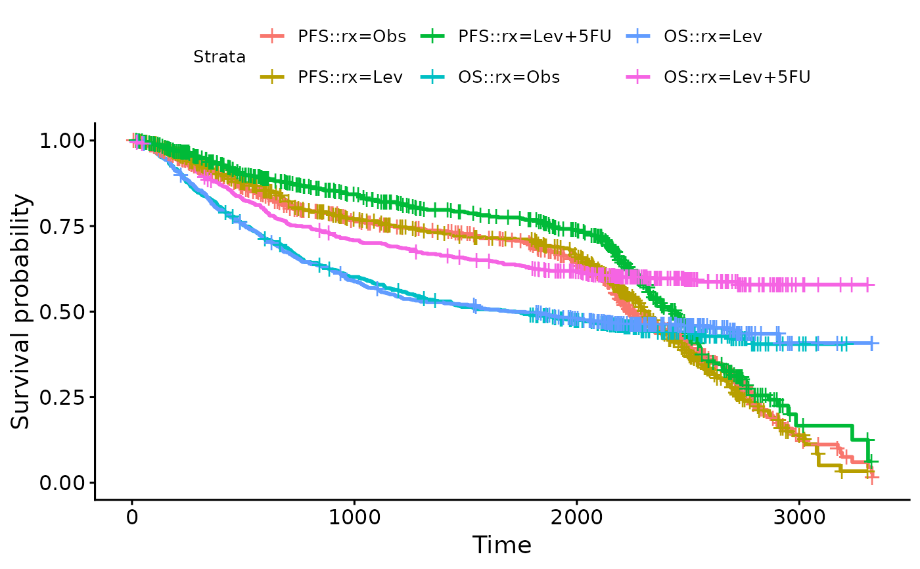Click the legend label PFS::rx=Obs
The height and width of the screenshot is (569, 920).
click(352, 36)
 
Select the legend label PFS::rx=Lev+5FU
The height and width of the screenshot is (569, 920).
click(535, 36)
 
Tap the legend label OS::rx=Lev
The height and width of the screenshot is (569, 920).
click(713, 36)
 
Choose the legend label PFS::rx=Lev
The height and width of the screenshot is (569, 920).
click(350, 77)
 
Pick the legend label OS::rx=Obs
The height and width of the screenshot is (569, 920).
click(509, 77)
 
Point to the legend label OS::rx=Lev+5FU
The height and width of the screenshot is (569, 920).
click(737, 77)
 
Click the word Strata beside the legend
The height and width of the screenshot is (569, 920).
click(219, 57)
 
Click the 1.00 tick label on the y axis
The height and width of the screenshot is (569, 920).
click(62, 141)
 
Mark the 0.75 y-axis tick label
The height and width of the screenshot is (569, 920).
click(62, 226)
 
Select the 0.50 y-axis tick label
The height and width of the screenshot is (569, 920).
click(62, 311)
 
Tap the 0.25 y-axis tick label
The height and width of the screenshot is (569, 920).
click(62, 397)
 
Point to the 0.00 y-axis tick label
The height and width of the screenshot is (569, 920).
click(62, 482)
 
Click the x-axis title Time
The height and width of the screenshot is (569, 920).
click(502, 545)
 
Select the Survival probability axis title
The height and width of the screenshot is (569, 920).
click(21, 311)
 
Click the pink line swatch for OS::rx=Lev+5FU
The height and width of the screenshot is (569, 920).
click(637, 77)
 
